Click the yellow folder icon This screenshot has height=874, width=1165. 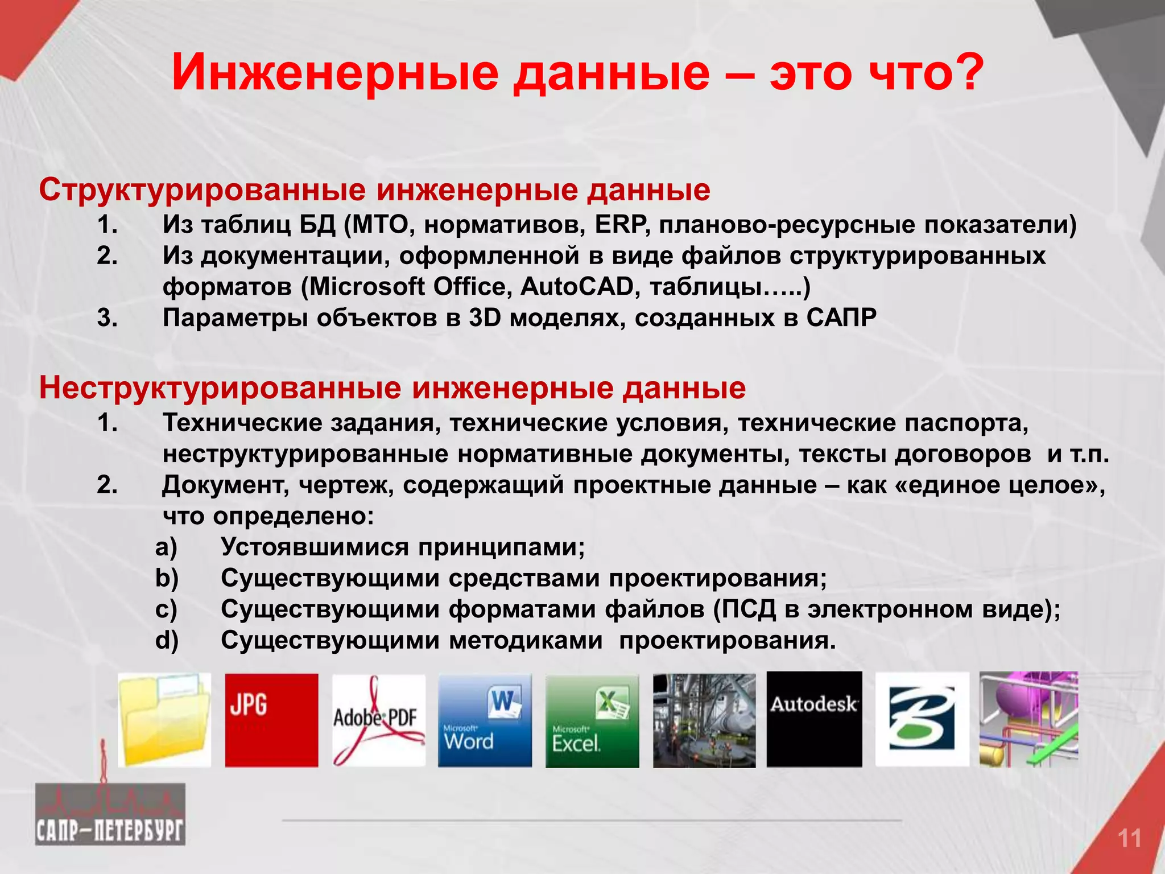164,720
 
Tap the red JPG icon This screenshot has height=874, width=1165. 271,720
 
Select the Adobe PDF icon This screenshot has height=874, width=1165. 378,720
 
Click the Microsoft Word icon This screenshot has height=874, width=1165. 485,720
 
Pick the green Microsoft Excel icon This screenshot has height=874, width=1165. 592,720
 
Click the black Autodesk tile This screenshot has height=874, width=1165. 814,719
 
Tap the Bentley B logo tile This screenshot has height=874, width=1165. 922,719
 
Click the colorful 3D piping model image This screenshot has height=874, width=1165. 1028,719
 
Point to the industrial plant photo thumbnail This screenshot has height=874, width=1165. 704,720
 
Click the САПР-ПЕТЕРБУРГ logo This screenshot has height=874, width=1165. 110,814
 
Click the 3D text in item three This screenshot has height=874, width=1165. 485,318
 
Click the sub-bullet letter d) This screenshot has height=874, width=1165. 167,641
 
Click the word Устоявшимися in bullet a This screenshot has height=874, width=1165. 315,547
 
